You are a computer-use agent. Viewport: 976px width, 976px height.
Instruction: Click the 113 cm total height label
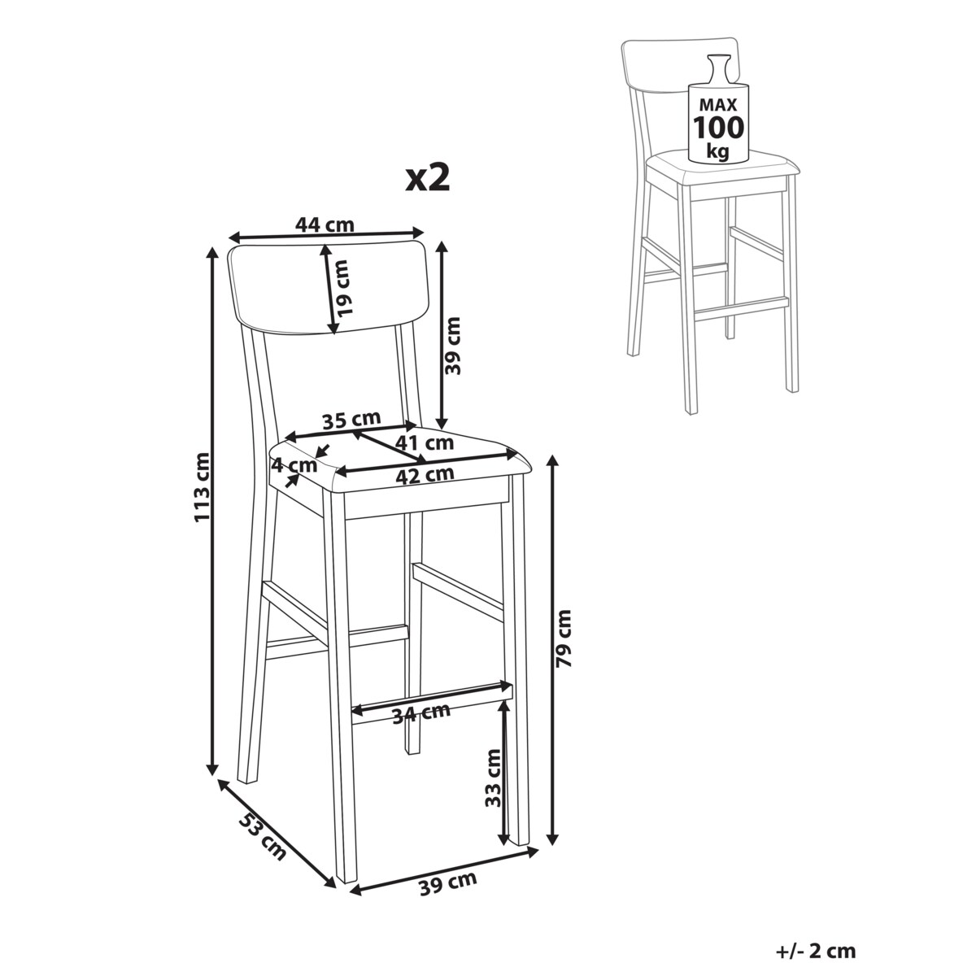point(201,486)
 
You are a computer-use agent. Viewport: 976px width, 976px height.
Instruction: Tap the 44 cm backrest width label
point(325,224)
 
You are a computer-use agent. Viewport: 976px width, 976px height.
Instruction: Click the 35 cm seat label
point(351,420)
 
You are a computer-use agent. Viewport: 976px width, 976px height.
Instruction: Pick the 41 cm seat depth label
point(425,443)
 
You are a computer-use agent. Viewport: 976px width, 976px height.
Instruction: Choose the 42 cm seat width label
point(425,474)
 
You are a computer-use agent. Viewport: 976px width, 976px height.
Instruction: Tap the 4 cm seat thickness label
point(294,464)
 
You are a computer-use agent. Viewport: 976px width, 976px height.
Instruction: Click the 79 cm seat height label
point(563,638)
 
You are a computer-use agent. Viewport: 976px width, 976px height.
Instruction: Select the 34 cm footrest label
point(421,713)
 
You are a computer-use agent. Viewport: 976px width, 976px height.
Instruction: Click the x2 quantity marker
point(428,179)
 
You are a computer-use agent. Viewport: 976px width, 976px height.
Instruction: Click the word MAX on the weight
point(719,105)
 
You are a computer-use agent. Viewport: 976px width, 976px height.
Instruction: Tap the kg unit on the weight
point(718,151)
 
